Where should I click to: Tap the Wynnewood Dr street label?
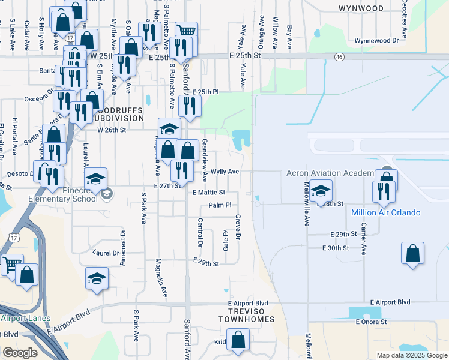(377, 41)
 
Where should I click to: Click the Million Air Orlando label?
(385, 213)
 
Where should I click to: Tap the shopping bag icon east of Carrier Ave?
(413, 253)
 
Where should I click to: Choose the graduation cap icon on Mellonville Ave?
(321, 191)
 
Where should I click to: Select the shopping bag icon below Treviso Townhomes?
(238, 340)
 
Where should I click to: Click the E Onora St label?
(372, 322)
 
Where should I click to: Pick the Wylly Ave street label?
(224, 172)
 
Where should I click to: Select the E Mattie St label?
(209, 193)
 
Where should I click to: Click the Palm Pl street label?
(220, 205)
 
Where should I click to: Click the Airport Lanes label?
(25, 319)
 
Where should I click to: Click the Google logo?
(20, 353)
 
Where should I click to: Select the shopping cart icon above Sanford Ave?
(187, 30)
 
